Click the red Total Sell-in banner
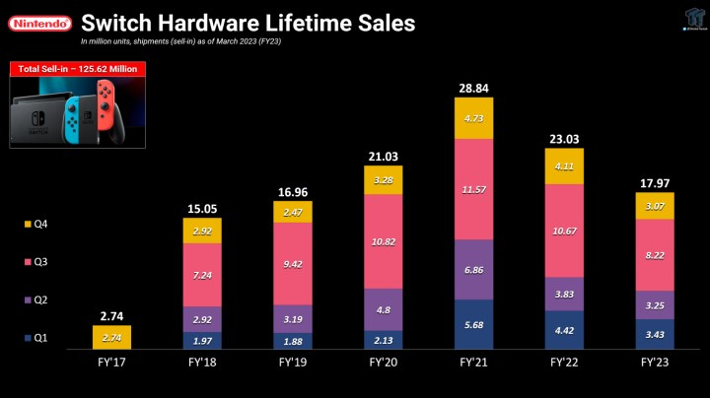pos(77,69)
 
